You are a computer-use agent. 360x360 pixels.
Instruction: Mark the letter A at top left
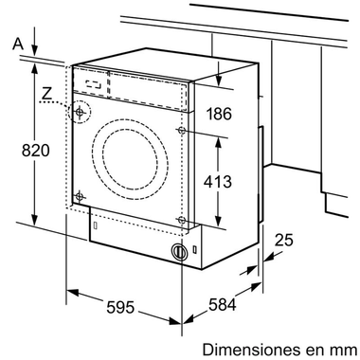tap(15, 42)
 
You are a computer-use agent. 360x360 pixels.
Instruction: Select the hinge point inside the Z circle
tap(80, 113)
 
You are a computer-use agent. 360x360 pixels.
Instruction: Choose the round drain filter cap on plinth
tap(177, 252)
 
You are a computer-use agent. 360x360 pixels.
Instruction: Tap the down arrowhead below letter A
tap(35, 49)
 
